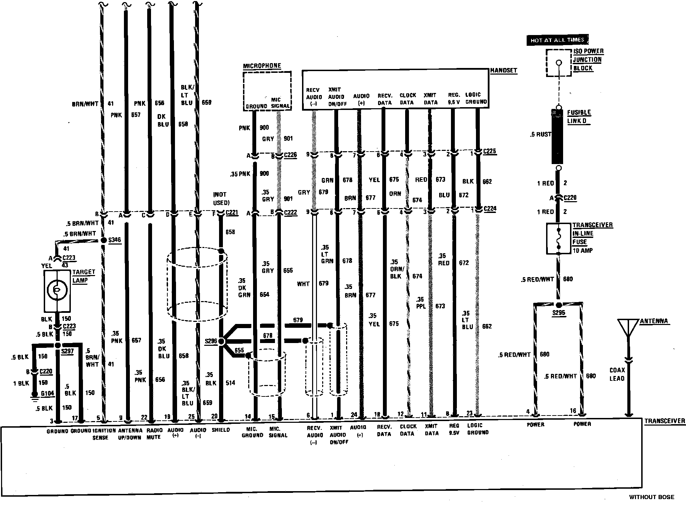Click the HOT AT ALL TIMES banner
coord(557,40)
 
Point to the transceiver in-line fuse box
coord(559,239)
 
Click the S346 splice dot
coord(103,240)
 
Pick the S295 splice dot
coord(559,305)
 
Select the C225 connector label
coord(490,151)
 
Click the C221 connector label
coord(232,213)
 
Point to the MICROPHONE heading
coord(262,66)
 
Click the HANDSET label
coord(503,70)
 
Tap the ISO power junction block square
coord(559,63)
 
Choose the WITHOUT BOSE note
coord(651,497)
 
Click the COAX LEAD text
coord(617,374)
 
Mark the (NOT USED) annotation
coord(221,198)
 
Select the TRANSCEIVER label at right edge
coord(664,421)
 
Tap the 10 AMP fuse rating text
coord(583,250)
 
